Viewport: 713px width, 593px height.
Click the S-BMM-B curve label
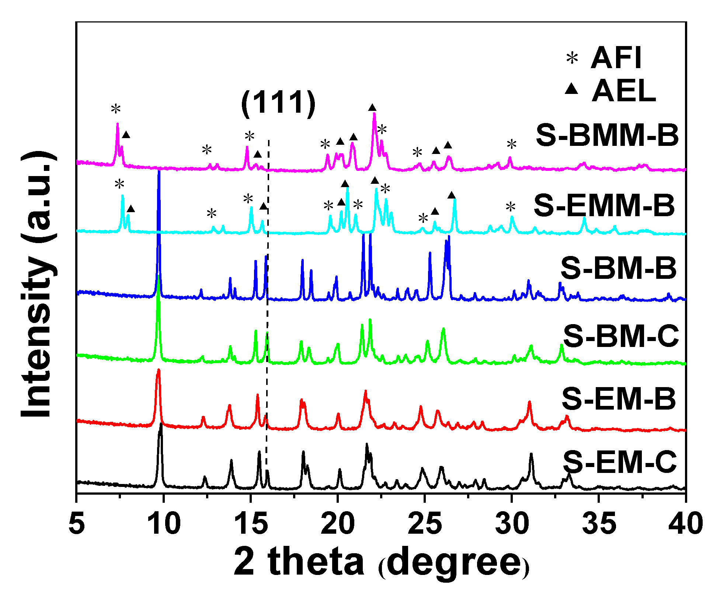[607, 136]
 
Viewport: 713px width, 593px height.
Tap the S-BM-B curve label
[619, 268]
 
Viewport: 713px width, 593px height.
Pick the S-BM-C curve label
[620, 336]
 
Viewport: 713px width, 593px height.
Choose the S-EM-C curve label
[620, 462]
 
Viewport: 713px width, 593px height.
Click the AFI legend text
[616, 58]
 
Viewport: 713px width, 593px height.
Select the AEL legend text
[623, 91]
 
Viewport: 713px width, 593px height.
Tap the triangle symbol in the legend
[571, 89]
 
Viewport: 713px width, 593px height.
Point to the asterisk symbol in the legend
[572, 58]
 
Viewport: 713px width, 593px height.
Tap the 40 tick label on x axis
[685, 523]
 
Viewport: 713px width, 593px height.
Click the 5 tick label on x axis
[76, 523]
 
